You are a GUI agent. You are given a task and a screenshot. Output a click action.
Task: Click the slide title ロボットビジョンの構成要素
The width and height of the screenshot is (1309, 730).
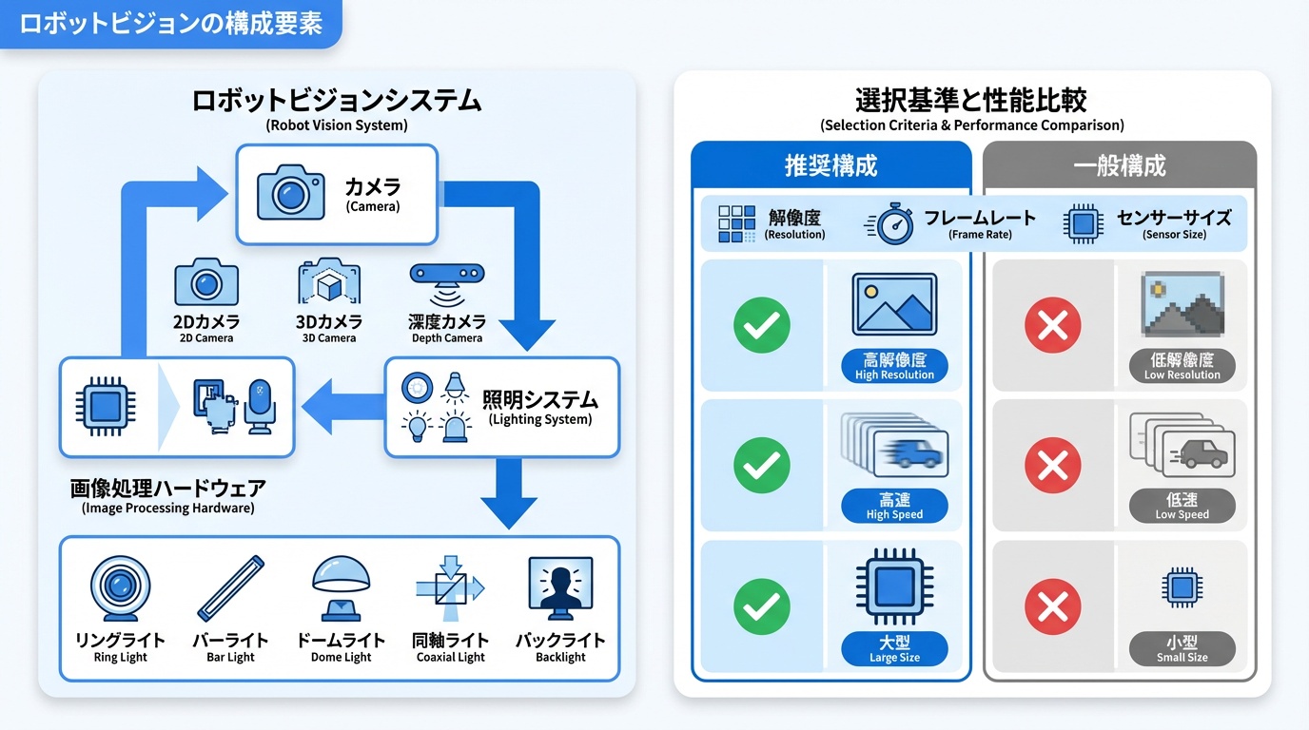click(170, 24)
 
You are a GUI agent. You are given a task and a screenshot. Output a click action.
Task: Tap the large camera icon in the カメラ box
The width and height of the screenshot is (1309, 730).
click(291, 193)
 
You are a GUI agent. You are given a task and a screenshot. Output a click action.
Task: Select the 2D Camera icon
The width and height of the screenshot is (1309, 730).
click(206, 282)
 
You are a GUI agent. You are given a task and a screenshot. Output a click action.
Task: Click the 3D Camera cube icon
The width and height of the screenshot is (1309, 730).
click(329, 282)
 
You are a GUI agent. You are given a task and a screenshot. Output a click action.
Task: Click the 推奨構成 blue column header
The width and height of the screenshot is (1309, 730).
click(830, 165)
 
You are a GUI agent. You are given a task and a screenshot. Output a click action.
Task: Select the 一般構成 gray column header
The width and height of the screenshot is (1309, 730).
click(1119, 165)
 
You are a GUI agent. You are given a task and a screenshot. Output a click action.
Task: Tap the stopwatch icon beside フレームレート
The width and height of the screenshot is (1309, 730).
click(891, 224)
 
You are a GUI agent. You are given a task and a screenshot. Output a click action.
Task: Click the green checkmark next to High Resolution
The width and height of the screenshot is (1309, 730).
click(762, 325)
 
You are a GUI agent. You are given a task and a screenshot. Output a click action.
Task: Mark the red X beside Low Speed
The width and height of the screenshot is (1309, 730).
click(1052, 466)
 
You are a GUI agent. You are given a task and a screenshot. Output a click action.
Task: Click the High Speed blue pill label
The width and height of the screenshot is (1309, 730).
click(894, 506)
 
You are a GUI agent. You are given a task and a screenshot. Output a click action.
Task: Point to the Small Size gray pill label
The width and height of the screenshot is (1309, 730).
click(1182, 649)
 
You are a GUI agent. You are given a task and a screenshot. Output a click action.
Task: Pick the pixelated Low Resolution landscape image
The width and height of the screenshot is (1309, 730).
click(1182, 305)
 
